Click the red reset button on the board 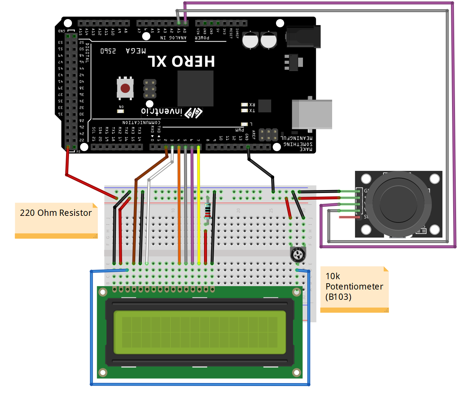[x=125, y=88]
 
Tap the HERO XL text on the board [x=181, y=62]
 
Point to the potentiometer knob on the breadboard [x=298, y=254]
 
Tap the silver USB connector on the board [x=312, y=114]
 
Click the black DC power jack [x=303, y=37]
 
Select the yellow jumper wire [x=199, y=206]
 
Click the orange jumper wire [x=179, y=206]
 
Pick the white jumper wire [x=148, y=221]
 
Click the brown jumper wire [x=135, y=221]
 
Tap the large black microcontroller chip [x=196, y=88]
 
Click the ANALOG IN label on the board [x=173, y=38]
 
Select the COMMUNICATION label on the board [x=141, y=122]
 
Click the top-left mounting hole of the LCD [x=103, y=292]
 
